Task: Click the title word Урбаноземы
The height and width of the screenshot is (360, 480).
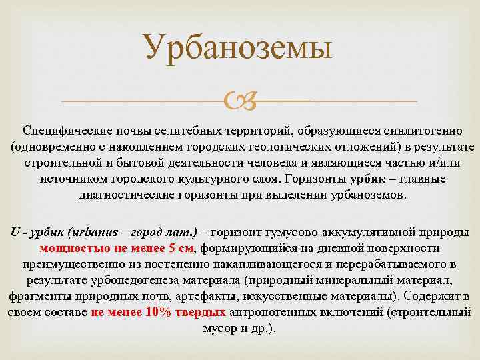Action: (x=238, y=49)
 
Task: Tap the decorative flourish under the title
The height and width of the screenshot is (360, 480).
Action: (x=239, y=102)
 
